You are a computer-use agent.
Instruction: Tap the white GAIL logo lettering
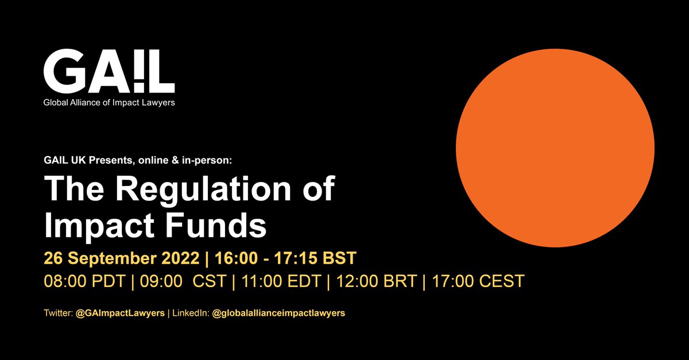[109, 72]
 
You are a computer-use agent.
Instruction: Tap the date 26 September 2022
[122, 258]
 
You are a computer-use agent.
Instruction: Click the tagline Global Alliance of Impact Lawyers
[109, 103]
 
